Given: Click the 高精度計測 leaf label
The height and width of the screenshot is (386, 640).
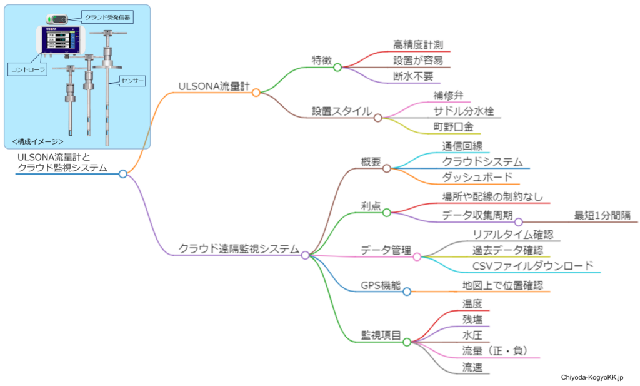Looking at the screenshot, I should click(418, 44).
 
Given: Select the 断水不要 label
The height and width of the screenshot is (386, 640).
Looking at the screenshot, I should click(413, 76).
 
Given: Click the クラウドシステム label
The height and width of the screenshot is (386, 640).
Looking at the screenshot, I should click(482, 161).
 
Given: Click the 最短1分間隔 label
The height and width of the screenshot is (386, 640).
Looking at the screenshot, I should click(602, 215).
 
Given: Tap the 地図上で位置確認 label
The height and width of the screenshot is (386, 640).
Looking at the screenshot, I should click(502, 285).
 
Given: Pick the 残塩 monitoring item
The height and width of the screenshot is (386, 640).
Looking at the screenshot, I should click(472, 320).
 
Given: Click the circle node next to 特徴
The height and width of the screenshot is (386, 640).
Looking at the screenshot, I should click(337, 68).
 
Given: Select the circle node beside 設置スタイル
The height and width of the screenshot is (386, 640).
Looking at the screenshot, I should click(377, 118).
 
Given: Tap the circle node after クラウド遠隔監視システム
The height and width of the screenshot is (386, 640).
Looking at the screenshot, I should click(305, 255).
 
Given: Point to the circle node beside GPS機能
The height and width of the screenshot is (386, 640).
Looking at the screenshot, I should click(406, 292).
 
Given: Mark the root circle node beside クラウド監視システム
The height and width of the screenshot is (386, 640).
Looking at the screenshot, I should click(123, 174).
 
